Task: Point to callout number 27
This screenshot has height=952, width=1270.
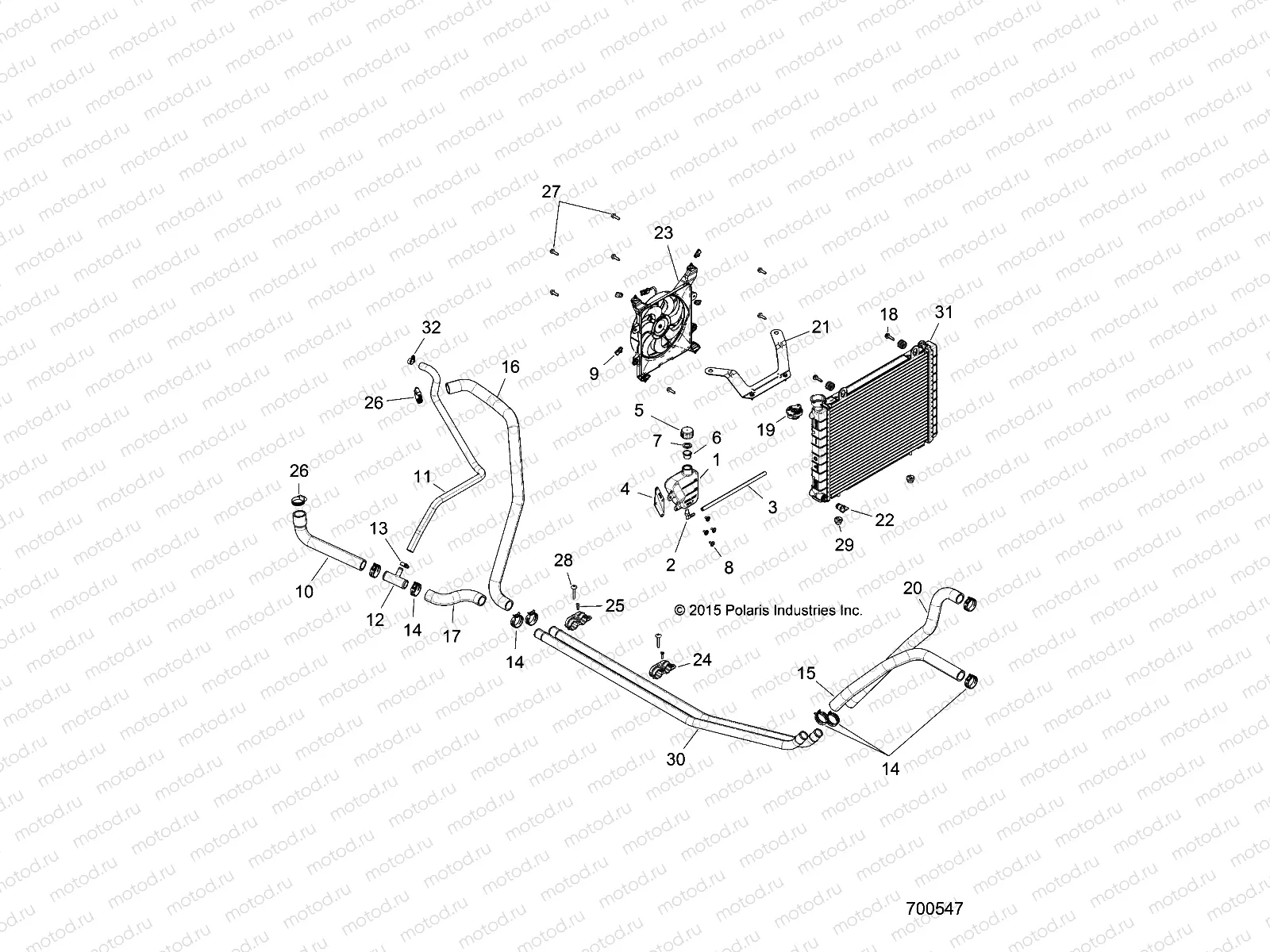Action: pyautogui.click(x=573, y=191)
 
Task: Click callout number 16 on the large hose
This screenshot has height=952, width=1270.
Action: pyautogui.click(x=510, y=367)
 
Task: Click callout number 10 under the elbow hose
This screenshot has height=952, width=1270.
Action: pyautogui.click(x=304, y=591)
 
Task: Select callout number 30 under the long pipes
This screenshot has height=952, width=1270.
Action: pyautogui.click(x=676, y=758)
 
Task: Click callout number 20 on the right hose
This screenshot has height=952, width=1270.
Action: pyautogui.click(x=913, y=587)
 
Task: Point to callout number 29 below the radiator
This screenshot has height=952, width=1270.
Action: pyautogui.click(x=844, y=544)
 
